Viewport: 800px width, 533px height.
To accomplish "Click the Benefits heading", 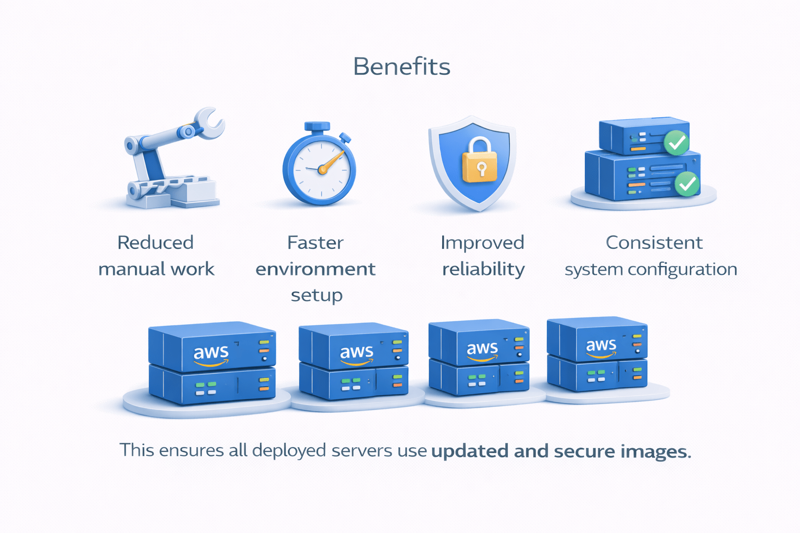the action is tap(402, 67).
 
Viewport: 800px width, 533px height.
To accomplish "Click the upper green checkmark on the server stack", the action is tap(677, 142).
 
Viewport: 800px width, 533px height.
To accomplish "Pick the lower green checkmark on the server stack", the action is tap(687, 183).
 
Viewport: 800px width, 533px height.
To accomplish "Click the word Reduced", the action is tap(155, 243).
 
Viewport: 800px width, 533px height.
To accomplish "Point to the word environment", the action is tap(315, 269).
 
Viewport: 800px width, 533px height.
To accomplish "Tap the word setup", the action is tap(316, 295).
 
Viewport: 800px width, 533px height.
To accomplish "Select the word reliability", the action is tap(483, 269).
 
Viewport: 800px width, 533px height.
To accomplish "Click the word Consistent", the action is tap(654, 243).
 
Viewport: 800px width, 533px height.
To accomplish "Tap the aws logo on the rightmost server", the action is tap(601, 347).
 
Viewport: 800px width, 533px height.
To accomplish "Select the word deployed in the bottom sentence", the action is tap(289, 451).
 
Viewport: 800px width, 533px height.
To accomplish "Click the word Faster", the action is tap(315, 243).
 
